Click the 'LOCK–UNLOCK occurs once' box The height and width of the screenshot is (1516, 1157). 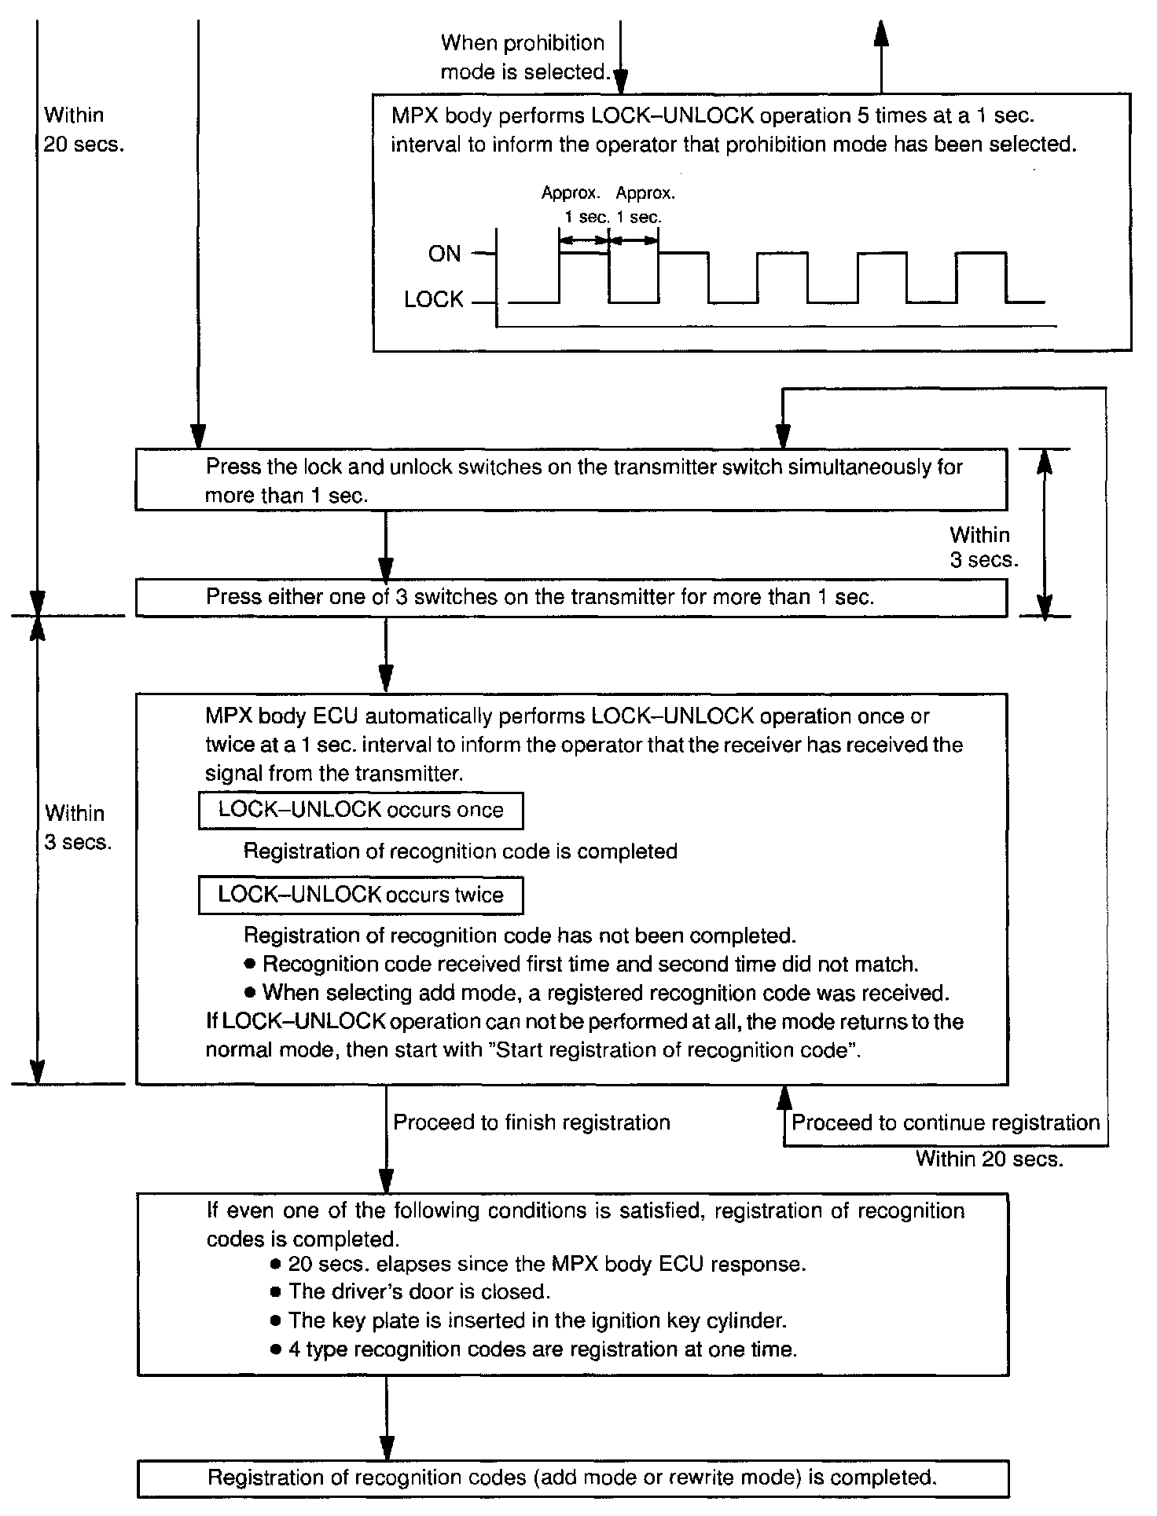(361, 811)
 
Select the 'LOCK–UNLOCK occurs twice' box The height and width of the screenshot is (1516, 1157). (361, 895)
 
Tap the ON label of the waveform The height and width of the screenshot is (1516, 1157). (444, 254)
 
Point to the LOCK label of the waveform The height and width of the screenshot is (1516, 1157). (434, 300)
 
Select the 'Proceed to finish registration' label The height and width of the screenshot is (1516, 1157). (531, 1122)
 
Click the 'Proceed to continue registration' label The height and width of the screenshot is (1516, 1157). (945, 1122)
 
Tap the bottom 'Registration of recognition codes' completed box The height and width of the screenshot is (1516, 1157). (572, 1478)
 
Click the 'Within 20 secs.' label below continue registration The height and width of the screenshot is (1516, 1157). (989, 1159)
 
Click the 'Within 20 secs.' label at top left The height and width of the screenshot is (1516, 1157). (83, 130)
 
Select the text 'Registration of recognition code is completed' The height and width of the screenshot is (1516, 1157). (461, 851)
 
